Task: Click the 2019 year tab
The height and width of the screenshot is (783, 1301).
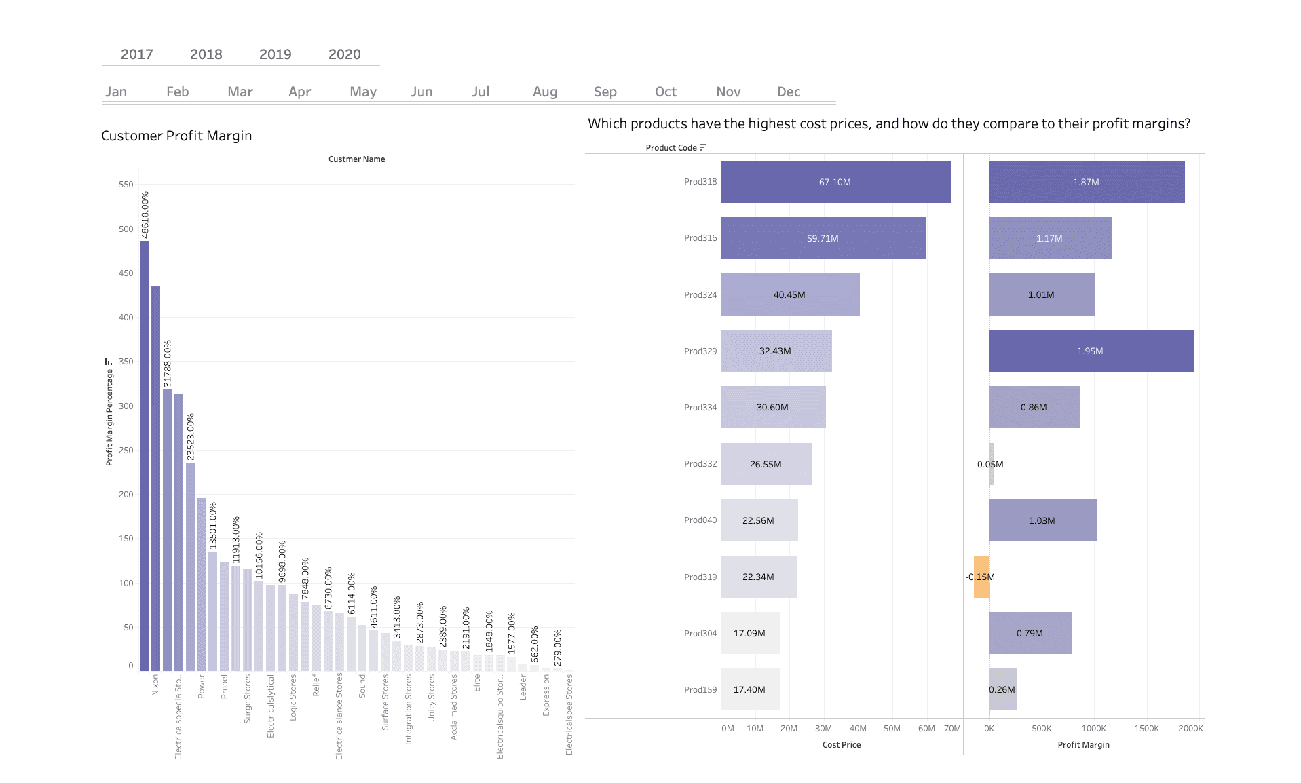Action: [x=275, y=54]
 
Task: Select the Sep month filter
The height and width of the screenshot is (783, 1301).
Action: [x=605, y=92]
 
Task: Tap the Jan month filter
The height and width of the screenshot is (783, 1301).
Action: [x=116, y=92]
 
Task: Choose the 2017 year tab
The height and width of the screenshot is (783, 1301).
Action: [x=136, y=54]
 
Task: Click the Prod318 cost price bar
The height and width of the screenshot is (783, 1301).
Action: [x=835, y=182]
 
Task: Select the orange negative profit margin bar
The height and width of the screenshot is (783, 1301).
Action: [x=981, y=577]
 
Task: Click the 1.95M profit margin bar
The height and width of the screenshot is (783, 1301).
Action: [x=1091, y=351]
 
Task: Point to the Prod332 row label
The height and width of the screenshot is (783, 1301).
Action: [x=700, y=464]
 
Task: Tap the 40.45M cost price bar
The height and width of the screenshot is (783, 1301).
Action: [x=790, y=294]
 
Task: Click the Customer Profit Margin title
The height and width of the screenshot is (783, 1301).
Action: [x=176, y=136]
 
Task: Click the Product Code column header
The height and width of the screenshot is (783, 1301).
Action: [x=671, y=148]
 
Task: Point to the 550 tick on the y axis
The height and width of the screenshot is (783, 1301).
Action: [x=126, y=185]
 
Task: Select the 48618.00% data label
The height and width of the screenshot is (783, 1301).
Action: [x=145, y=214]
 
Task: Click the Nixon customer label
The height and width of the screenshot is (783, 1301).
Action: [x=155, y=685]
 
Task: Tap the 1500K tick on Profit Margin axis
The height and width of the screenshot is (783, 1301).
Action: [x=1146, y=729]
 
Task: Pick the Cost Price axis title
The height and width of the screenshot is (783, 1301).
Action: [x=841, y=745]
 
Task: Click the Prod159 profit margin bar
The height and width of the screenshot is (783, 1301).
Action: [x=1002, y=689]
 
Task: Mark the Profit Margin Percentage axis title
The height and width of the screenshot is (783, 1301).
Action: [x=109, y=417]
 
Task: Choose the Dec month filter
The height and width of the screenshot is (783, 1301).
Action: [x=789, y=92]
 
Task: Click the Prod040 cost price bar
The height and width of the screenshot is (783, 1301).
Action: [x=759, y=520]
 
